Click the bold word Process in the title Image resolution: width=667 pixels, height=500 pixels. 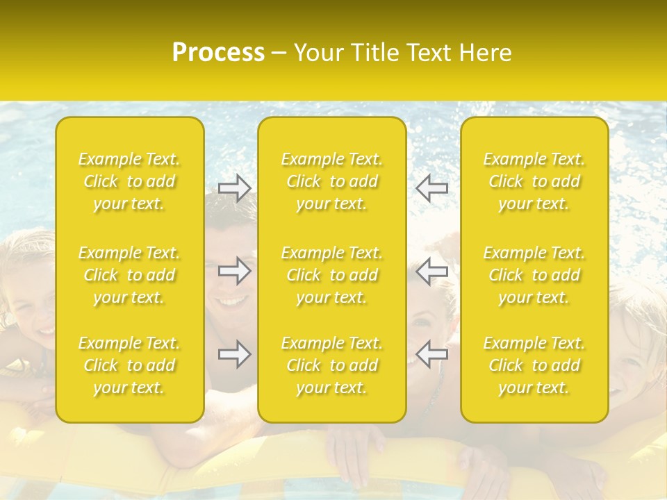pyautogui.click(x=218, y=53)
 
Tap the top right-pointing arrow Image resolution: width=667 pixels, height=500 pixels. pyautogui.click(x=234, y=187)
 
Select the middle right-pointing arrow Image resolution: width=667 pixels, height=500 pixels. pyautogui.click(x=234, y=271)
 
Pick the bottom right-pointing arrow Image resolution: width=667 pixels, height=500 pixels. pyautogui.click(x=234, y=354)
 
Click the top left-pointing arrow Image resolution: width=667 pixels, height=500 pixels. pyautogui.click(x=432, y=187)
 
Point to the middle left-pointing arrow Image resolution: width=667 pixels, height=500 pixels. pyautogui.click(x=432, y=271)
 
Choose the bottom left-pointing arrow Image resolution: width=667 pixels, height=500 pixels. pyautogui.click(x=432, y=354)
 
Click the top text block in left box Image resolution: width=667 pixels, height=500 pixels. pyautogui.click(x=129, y=181)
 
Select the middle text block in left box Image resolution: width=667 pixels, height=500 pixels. pyautogui.click(x=129, y=275)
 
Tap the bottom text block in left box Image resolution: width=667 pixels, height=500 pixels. pyautogui.click(x=129, y=365)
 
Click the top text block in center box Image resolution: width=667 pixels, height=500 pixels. pyautogui.click(x=332, y=181)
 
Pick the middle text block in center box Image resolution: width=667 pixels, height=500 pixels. pyautogui.click(x=332, y=275)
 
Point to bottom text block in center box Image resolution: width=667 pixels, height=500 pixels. pyautogui.click(x=332, y=365)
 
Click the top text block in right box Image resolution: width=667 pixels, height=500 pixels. pyautogui.click(x=534, y=181)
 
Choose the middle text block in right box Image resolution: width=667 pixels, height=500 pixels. pyautogui.click(x=534, y=275)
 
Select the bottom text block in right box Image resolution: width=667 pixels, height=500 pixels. pyautogui.click(x=534, y=365)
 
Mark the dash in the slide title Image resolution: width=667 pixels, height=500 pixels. pyautogui.click(x=279, y=53)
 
